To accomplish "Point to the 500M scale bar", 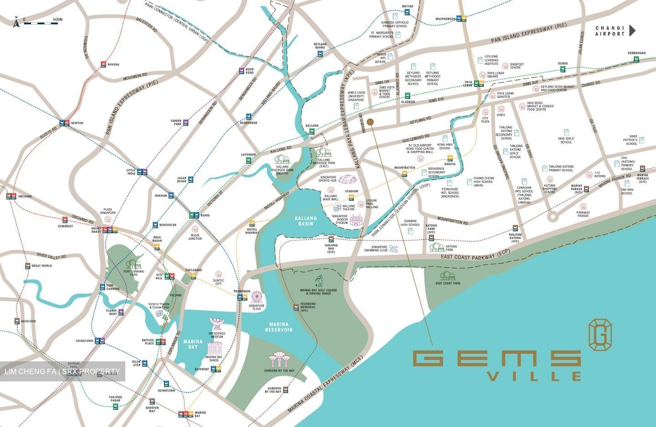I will [x=41, y=22].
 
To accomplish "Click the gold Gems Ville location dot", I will [x=370, y=122].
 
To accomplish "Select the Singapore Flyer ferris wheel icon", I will [x=257, y=297].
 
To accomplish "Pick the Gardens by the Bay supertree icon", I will [x=277, y=360].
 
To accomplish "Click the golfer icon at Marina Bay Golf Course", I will [x=318, y=280].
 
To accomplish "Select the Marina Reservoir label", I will [x=279, y=327].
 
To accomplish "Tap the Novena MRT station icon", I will [x=103, y=65].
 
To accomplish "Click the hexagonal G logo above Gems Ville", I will [x=600, y=335].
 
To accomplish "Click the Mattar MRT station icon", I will [x=408, y=13].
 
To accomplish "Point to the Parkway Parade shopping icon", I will [x=583, y=206].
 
